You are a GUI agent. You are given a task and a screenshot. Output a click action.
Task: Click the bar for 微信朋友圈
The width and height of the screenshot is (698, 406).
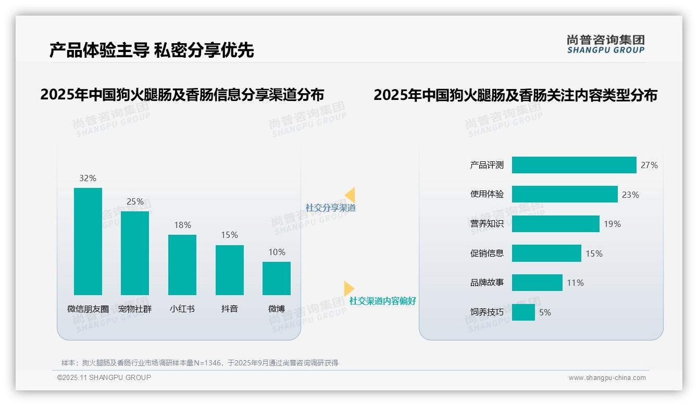(88, 242)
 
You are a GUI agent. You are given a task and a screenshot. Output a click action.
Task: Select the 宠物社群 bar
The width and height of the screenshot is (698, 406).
(135, 253)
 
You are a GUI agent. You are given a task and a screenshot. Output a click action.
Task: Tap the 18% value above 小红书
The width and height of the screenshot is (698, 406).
(182, 225)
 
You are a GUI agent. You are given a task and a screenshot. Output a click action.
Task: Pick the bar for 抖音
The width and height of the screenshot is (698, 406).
(230, 270)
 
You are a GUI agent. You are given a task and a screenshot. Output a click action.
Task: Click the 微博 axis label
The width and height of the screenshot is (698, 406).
(277, 309)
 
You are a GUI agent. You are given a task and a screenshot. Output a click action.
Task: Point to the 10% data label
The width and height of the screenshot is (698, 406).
(277, 252)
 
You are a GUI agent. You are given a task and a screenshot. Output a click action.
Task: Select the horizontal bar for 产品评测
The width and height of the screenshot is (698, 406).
(574, 165)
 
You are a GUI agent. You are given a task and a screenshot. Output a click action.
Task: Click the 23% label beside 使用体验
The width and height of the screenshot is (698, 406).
(630, 195)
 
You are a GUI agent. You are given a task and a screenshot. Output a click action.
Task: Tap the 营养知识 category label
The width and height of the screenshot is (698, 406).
(487, 224)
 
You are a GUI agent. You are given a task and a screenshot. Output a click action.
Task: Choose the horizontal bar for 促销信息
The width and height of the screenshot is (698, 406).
(546, 253)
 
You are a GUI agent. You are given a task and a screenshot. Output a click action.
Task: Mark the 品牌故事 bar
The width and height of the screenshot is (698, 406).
(537, 283)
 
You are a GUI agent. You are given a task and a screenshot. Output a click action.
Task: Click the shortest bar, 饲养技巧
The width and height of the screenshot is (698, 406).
(523, 312)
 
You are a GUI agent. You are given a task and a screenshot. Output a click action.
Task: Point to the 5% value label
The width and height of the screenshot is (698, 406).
(545, 312)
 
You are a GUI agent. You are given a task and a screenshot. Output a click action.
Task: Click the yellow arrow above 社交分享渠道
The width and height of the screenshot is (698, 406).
(350, 195)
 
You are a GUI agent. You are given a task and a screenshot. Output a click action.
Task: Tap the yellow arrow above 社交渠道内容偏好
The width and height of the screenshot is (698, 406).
(348, 288)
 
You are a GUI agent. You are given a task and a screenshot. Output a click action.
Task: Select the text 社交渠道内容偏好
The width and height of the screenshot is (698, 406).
(383, 301)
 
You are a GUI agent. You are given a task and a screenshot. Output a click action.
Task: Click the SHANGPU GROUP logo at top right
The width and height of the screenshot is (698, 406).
(606, 44)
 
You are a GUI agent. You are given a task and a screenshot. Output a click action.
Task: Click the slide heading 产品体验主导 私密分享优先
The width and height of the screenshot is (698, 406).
(152, 50)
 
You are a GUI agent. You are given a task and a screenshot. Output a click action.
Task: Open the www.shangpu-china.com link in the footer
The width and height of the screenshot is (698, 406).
(607, 378)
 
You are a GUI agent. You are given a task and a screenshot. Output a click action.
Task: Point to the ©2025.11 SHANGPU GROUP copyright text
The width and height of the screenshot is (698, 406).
(104, 377)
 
